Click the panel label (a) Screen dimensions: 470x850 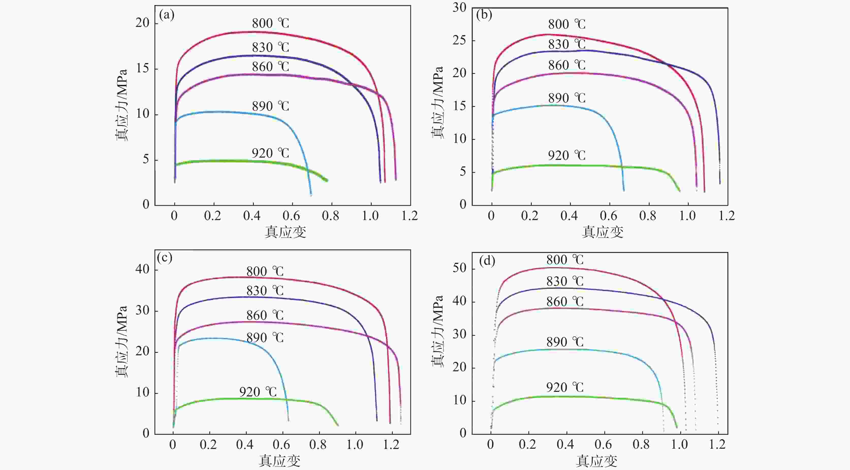pyautogui.click(x=167, y=15)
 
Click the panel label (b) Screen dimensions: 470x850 pyautogui.click(x=484, y=15)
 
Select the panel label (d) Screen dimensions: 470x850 pyautogui.click(x=487, y=261)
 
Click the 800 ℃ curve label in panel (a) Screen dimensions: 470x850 pyautogui.click(x=270, y=23)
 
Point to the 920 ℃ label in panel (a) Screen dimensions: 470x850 pyautogui.click(x=270, y=153)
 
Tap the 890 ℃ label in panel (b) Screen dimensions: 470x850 pyautogui.click(x=566, y=98)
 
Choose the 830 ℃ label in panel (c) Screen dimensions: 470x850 pyautogui.click(x=265, y=291)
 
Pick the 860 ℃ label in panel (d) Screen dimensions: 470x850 pyautogui.click(x=564, y=301)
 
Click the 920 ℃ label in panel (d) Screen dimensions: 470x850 pyautogui.click(x=564, y=387)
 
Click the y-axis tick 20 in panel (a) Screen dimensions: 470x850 pyautogui.click(x=142, y=23)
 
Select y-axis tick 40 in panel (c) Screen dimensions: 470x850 pyautogui.click(x=142, y=269)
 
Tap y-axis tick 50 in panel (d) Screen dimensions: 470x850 pyautogui.click(x=459, y=268)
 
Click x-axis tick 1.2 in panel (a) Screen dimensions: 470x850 pyautogui.click(x=410, y=216)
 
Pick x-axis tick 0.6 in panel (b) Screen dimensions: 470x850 pyautogui.click(x=608, y=216)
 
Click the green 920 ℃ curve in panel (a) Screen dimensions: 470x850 pyautogui.click(x=231, y=161)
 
